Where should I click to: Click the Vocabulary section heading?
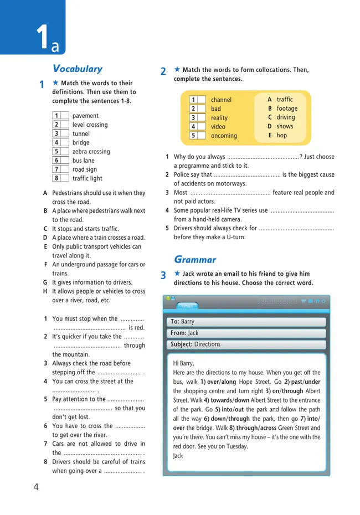(77, 69)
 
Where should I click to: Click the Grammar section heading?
(195, 260)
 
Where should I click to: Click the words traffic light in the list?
(87, 178)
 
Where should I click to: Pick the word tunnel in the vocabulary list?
(81, 133)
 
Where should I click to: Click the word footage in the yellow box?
(287, 109)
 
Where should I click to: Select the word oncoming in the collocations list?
(224, 136)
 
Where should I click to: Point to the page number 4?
(36, 487)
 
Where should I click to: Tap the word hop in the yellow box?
(282, 135)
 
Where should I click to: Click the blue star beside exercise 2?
(177, 70)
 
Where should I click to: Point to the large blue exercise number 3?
(163, 275)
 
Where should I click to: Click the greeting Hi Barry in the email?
(184, 363)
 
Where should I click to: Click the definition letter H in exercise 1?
(45, 291)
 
